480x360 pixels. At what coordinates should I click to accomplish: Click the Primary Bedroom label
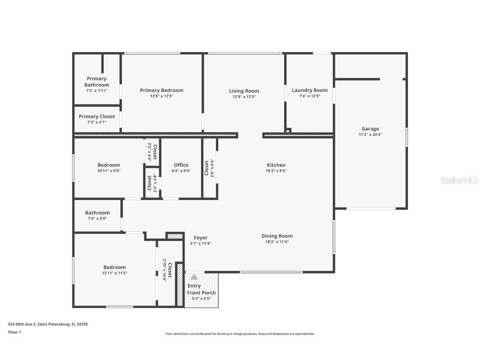click(x=162, y=90)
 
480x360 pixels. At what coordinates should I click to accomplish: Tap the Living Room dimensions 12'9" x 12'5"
click(x=244, y=97)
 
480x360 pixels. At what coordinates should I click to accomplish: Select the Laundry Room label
click(x=310, y=90)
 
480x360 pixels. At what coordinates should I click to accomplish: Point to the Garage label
click(x=370, y=129)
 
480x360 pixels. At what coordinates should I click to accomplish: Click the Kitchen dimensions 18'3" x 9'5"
click(x=276, y=171)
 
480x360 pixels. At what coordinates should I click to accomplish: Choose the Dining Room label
click(x=277, y=236)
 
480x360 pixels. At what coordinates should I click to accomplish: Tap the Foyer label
click(x=200, y=238)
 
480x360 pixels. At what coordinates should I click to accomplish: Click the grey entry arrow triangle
click(x=194, y=277)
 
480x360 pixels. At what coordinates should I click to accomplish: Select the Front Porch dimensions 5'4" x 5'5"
click(x=201, y=299)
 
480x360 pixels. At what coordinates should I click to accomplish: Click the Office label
click(x=181, y=165)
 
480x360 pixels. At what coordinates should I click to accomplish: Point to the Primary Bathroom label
click(x=97, y=82)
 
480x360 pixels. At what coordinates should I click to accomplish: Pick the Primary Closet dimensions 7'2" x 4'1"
click(x=97, y=122)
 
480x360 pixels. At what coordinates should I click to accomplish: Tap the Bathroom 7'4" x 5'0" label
click(x=97, y=213)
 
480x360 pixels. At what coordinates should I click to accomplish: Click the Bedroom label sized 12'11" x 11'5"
click(x=115, y=267)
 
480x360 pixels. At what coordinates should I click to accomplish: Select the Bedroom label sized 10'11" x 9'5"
click(x=109, y=165)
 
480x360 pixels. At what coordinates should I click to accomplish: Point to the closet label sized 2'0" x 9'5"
click(x=206, y=167)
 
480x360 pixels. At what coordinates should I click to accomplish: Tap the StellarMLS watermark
click(x=459, y=180)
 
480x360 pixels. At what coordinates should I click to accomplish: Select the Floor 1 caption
click(x=15, y=332)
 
